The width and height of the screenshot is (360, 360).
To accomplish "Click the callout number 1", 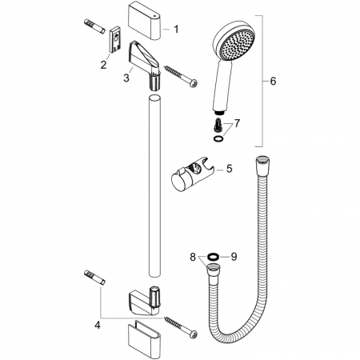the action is point(176,29).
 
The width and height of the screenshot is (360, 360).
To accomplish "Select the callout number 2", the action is point(103,65).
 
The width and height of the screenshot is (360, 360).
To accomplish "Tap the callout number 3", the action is point(126,78).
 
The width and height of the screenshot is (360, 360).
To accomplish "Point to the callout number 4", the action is point(98,325).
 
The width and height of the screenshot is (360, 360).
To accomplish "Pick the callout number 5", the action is point(230,169).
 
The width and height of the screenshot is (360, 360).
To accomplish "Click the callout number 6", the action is point(273,81).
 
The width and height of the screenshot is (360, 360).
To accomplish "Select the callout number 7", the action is point(237,123).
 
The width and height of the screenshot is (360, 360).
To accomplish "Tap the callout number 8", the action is point(193,257).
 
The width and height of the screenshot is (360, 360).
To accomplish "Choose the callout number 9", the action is point(234,257).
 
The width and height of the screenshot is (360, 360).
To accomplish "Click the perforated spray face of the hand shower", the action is point(238,46).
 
